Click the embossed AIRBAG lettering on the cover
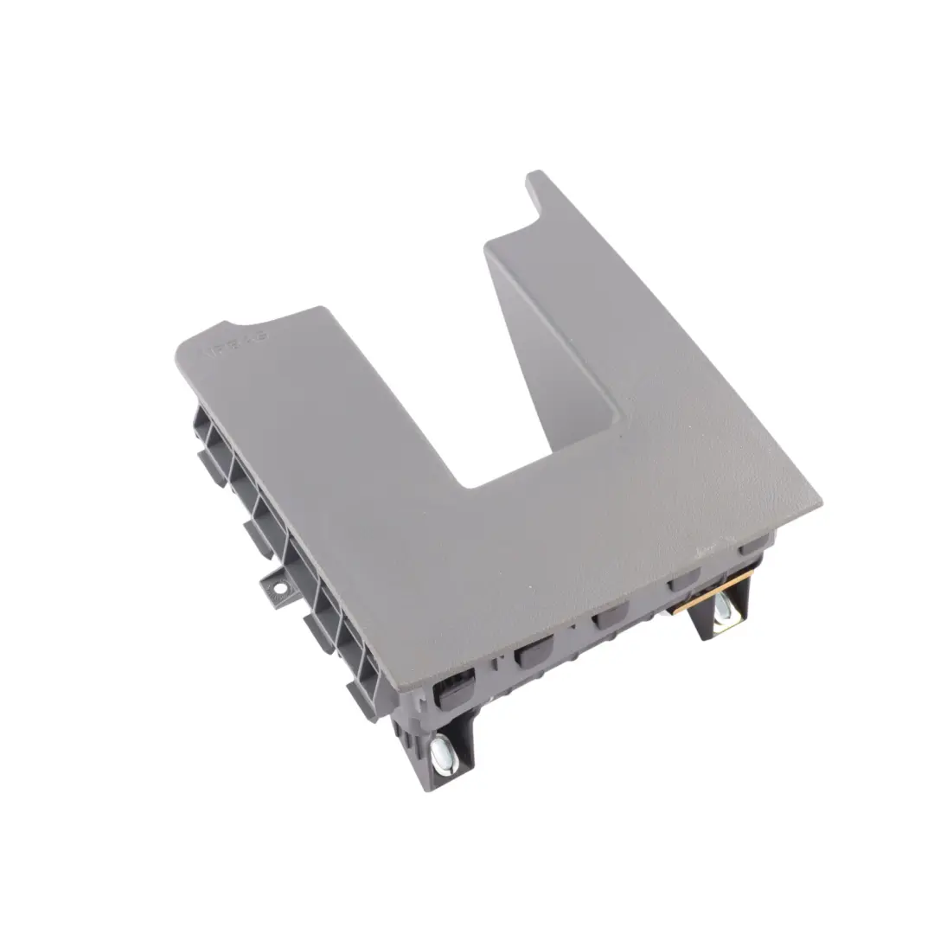(234, 343)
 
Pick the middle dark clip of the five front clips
(607, 617)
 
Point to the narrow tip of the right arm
(535, 176)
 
